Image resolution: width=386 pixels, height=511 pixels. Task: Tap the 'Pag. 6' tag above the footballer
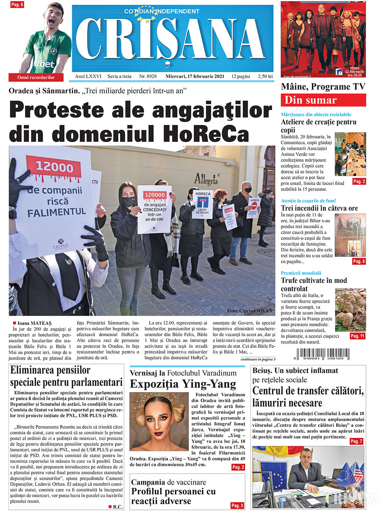pos(17,5)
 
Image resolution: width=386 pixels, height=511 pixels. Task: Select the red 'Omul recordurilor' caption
pos(36,77)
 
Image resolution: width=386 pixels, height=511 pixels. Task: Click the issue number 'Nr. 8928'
pos(148,76)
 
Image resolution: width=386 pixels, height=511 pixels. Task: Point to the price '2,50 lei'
pos(265,76)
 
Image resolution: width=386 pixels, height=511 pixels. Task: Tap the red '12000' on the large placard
pos(54,168)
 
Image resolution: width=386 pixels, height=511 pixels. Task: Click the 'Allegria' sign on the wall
pos(206,179)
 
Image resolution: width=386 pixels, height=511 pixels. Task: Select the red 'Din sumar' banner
pos(323,100)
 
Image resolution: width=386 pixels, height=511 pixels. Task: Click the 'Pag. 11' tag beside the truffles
pos(357,336)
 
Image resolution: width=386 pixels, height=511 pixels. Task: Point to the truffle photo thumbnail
pos(350,308)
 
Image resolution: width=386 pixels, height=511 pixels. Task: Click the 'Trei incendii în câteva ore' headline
pos(319,208)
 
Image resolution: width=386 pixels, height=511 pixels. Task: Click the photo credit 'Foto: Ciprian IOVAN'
pos(249,311)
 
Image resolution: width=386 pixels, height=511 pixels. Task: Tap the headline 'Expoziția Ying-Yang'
pos(183,384)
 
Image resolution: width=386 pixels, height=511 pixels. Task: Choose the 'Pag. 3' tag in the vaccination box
pos(237,505)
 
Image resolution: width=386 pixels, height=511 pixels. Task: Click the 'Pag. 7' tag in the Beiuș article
pos(356,441)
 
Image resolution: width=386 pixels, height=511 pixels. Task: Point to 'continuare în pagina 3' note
pos(258,359)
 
